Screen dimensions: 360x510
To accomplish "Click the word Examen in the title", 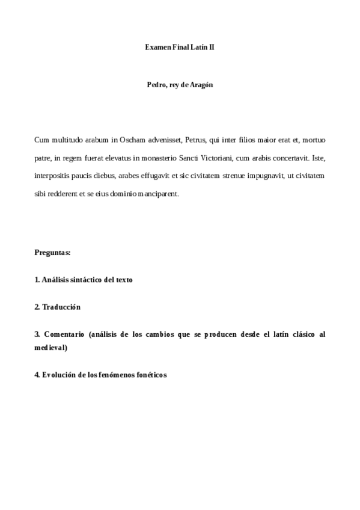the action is coord(157,46).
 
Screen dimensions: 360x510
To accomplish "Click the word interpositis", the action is coord(55,176).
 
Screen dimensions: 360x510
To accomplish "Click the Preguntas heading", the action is coord(53,253).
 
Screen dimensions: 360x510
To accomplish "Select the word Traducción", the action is coord(61,307).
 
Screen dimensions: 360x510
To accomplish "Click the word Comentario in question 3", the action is coord(63,334).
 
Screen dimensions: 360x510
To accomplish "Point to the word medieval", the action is coord(51,347).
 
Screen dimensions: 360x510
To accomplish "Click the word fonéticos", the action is coord(151,374).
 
